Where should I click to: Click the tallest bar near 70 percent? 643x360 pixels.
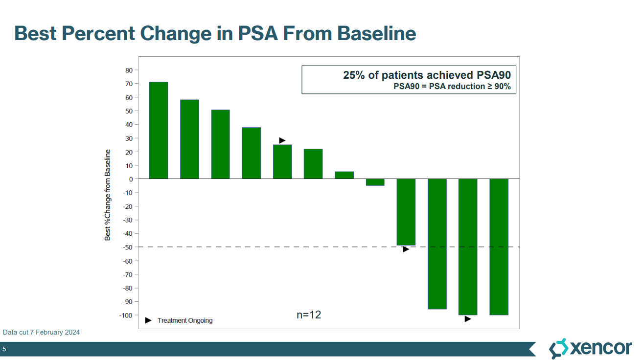pyautogui.click(x=159, y=130)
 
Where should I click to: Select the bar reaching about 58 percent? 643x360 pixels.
pyautogui.click(x=189, y=139)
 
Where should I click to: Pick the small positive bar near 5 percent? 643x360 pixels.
pyautogui.click(x=344, y=175)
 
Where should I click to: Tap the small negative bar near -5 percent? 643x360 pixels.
pyautogui.click(x=375, y=182)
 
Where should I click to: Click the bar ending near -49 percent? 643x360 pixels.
pyautogui.click(x=406, y=212)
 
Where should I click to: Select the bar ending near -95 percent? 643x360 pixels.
pyautogui.click(x=437, y=244)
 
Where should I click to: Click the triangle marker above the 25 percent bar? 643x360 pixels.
pyautogui.click(x=282, y=140)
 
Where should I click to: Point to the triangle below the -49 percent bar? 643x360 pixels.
pyautogui.click(x=406, y=249)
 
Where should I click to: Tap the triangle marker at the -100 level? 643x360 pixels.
pyautogui.click(x=468, y=319)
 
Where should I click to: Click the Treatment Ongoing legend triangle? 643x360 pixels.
pyautogui.click(x=149, y=320)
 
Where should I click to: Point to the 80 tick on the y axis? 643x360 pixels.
pyautogui.click(x=129, y=70)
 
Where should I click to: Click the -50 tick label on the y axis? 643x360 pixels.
pyautogui.click(x=127, y=247)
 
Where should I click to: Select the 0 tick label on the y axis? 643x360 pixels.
pyautogui.click(x=131, y=179)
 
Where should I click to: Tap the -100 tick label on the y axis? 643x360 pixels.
pyautogui.click(x=126, y=315)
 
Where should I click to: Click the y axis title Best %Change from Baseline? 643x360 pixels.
pyautogui.click(x=108, y=195)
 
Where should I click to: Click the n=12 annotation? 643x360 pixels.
pyautogui.click(x=309, y=315)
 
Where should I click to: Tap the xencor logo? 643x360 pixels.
pyautogui.click(x=590, y=348)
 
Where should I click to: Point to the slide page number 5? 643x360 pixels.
pyautogui.click(x=4, y=349)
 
